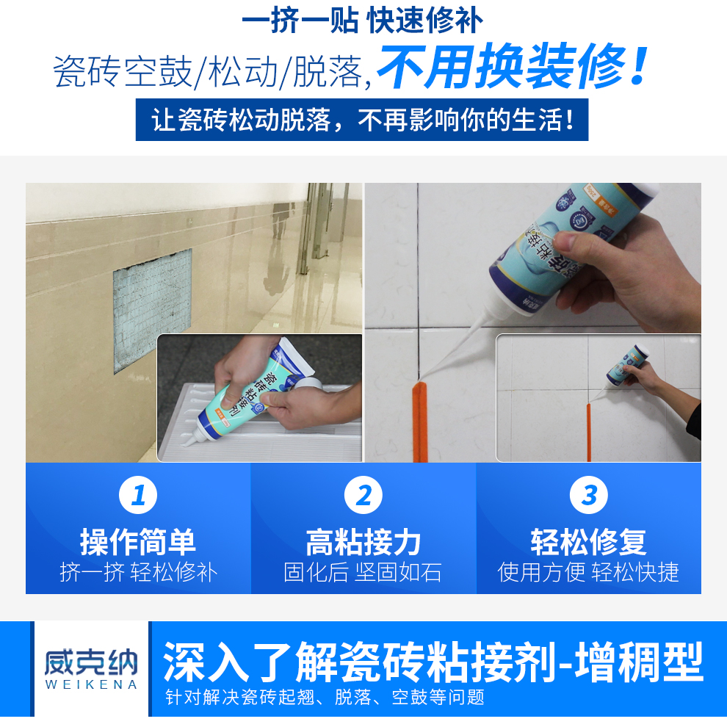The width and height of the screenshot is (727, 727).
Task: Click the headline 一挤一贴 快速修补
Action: tap(363, 20)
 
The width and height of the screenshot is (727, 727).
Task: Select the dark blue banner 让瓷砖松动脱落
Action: tap(362, 120)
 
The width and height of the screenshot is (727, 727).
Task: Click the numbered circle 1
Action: tap(138, 496)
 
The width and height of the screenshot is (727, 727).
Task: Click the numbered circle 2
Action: tap(363, 496)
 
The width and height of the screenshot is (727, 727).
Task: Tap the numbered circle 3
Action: tap(589, 496)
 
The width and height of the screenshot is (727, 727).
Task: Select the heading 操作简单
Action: tap(138, 542)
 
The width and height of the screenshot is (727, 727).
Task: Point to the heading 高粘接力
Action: tap(363, 542)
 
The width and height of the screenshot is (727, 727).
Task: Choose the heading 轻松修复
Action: tap(589, 542)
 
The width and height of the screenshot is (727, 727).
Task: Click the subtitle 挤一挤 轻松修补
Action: tap(138, 572)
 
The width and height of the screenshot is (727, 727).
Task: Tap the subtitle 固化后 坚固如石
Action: tap(363, 572)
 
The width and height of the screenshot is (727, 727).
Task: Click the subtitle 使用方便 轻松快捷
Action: tap(589, 572)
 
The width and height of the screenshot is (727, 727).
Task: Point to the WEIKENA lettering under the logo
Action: tap(90, 685)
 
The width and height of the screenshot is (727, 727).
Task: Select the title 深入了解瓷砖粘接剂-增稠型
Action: tap(433, 662)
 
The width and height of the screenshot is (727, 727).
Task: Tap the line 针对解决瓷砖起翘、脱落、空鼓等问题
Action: tap(324, 697)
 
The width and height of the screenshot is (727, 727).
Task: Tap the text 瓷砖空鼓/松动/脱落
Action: tap(209, 72)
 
